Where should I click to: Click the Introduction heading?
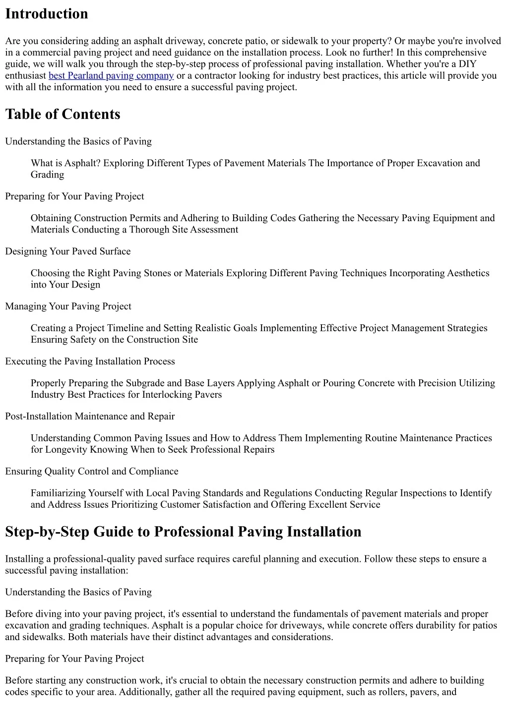coord(47,14)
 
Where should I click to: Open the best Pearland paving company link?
coord(111,75)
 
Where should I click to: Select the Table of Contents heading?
coord(63,114)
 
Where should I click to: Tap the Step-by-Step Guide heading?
coord(183,532)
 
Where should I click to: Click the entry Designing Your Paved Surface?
coord(68,251)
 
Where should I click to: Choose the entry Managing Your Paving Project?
coord(68,306)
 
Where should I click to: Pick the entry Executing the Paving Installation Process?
coord(90,361)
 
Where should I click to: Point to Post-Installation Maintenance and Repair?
coord(90,417)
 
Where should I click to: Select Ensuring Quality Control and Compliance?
coord(92,472)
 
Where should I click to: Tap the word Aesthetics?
coord(468,273)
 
